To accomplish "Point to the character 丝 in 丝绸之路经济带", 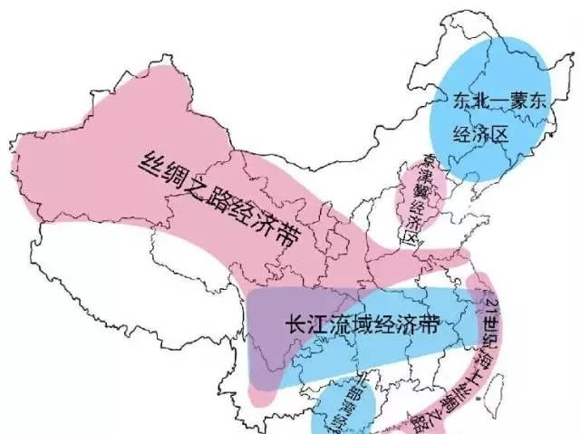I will tap(150, 161).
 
